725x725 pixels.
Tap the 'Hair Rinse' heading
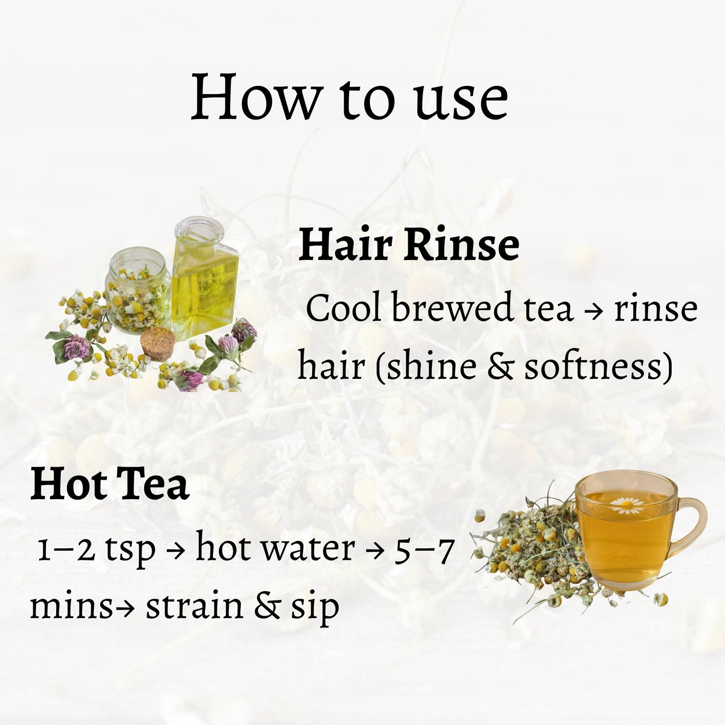tap(408, 245)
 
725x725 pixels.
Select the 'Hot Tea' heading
tap(109, 485)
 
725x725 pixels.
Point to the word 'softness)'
tap(598, 366)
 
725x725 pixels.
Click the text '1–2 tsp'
tap(96, 548)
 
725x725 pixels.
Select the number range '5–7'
tap(424, 548)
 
